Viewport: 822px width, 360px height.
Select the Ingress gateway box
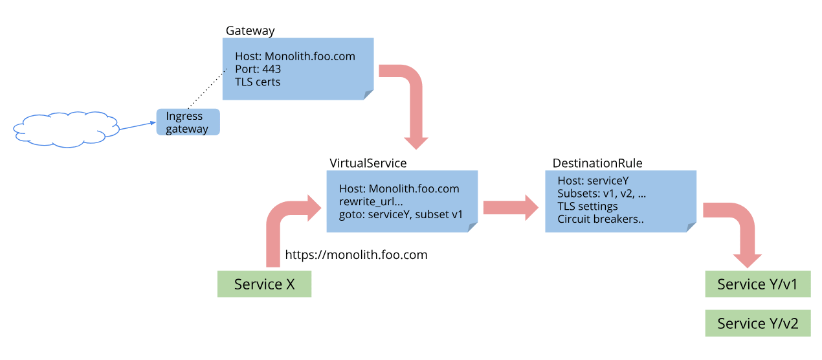(x=188, y=122)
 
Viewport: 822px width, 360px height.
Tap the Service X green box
(x=264, y=284)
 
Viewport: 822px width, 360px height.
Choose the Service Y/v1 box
(x=757, y=284)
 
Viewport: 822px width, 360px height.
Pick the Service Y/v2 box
(x=757, y=323)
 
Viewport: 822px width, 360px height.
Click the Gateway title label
(x=250, y=31)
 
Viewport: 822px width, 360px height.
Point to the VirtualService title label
(x=368, y=163)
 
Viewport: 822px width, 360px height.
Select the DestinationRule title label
(x=597, y=163)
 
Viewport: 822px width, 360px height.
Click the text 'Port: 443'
(x=258, y=69)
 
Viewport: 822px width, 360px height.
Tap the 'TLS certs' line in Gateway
(x=258, y=82)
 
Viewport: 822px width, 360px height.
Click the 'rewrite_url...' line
(x=372, y=201)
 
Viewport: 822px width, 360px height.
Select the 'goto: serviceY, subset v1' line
(x=401, y=214)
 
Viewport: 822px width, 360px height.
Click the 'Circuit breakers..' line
(x=600, y=219)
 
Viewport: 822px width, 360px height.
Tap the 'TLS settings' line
(x=588, y=206)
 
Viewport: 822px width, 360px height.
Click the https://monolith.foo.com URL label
(x=356, y=255)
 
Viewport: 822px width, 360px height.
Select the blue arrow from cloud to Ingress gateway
(x=137, y=127)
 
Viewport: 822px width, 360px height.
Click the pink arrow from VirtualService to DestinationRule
(x=510, y=207)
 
